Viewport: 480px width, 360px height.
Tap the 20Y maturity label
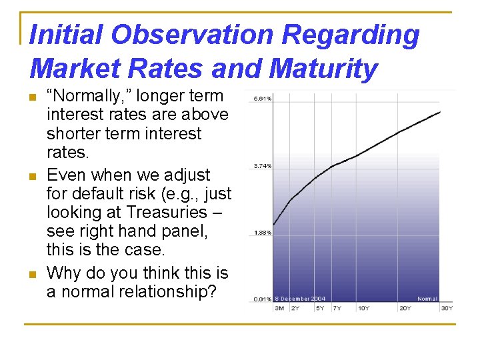click(404, 307)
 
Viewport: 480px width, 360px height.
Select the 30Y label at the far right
click(446, 307)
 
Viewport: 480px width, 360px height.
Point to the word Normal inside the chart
click(427, 299)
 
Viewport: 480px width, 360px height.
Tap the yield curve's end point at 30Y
click(441, 111)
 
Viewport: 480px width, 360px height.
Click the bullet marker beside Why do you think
click(33, 273)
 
